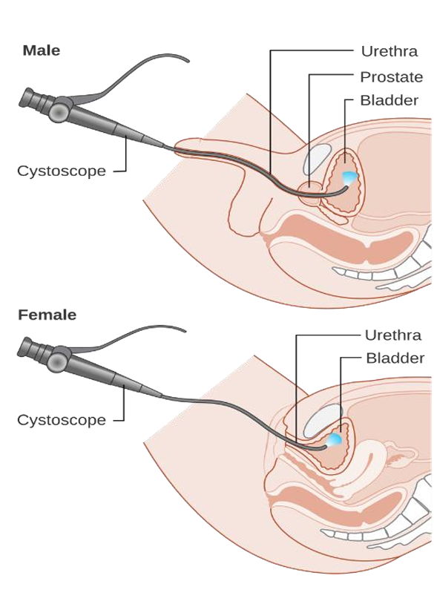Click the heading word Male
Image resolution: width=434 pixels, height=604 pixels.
pos(42,50)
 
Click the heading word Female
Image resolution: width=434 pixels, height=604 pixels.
pos(47,315)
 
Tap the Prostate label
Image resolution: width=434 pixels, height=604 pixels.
pos(391,77)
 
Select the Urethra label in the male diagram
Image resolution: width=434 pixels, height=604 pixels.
pos(389,51)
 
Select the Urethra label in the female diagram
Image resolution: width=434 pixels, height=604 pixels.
pos(392,335)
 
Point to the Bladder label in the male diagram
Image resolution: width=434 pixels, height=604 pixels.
pos(389,100)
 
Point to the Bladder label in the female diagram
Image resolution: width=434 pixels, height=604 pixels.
pos(395,358)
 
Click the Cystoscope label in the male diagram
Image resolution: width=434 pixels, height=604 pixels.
pos(62,171)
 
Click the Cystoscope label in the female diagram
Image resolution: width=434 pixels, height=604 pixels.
pos(62,419)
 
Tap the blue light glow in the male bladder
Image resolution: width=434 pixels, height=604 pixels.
pos(350,177)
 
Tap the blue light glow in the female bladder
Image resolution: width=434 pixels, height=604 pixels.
pos(334,439)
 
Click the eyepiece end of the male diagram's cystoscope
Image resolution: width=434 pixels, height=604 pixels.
pos(26,97)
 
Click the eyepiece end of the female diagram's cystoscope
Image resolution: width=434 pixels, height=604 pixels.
pos(25,347)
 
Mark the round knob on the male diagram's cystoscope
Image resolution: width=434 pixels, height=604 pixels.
pos(59,112)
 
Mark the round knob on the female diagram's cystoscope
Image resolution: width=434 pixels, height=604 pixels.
pos(58,361)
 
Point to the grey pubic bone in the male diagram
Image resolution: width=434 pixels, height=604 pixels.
pos(318,159)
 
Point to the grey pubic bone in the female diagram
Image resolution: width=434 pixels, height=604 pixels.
pos(323,421)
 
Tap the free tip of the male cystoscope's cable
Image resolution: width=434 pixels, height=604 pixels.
pos(188,61)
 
